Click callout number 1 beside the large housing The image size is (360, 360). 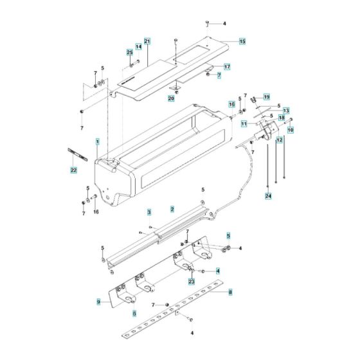click(x=98, y=141)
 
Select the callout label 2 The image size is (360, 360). click(x=172, y=210)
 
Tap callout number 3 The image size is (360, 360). click(x=148, y=212)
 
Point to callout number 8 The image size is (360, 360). click(x=230, y=292)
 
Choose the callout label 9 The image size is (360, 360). click(x=98, y=301)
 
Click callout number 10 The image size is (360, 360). click(x=290, y=130)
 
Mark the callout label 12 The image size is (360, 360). click(x=279, y=139)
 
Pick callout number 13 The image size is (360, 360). click(x=286, y=110)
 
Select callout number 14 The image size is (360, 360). click(x=138, y=47)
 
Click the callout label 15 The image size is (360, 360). click(x=242, y=41)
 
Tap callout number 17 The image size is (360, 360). click(x=227, y=67)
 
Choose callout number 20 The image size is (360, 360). click(x=171, y=98)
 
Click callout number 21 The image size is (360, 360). click(x=147, y=41)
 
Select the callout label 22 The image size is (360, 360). click(x=73, y=170)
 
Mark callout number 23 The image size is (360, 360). click(x=191, y=281)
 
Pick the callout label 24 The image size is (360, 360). click(x=269, y=195)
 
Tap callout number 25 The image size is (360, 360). click(x=129, y=51)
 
